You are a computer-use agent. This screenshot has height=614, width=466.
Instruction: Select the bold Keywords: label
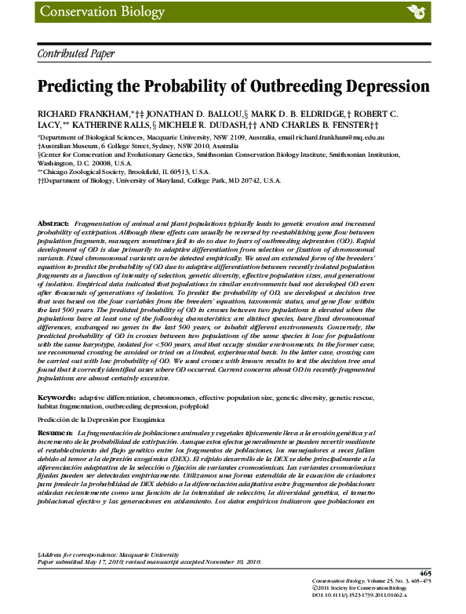tap(56, 398)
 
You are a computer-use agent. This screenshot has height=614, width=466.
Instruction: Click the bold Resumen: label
tap(56, 432)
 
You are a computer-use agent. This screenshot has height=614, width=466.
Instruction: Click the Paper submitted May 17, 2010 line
tap(150, 561)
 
